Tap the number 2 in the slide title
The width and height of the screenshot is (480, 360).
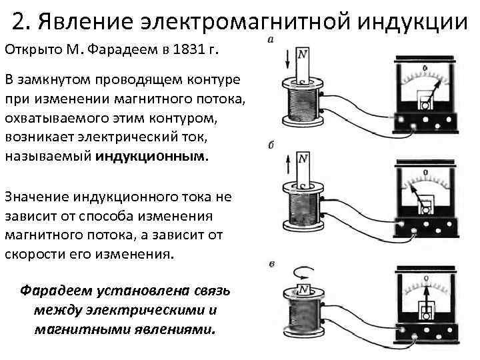click(x=19, y=21)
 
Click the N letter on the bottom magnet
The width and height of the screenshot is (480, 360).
click(x=303, y=289)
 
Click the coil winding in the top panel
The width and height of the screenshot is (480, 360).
click(x=304, y=107)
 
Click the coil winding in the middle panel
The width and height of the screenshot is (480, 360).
click(x=304, y=210)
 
